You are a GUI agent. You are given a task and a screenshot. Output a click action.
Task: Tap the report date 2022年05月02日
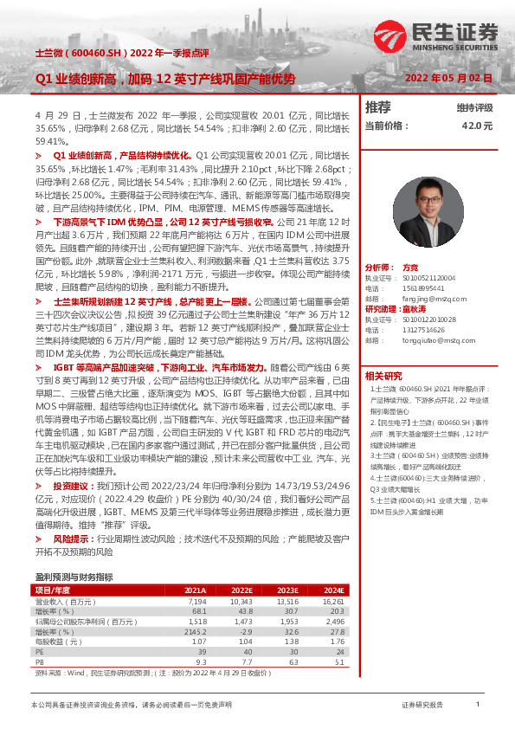[448, 78]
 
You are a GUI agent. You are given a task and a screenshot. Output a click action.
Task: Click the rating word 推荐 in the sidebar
[377, 107]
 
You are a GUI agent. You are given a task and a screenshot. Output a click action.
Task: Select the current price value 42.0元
[477, 126]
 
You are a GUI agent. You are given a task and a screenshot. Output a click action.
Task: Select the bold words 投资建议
[70, 487]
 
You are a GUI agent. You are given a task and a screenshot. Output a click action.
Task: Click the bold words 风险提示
[70, 539]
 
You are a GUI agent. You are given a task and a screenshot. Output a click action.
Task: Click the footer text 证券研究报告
[424, 706]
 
